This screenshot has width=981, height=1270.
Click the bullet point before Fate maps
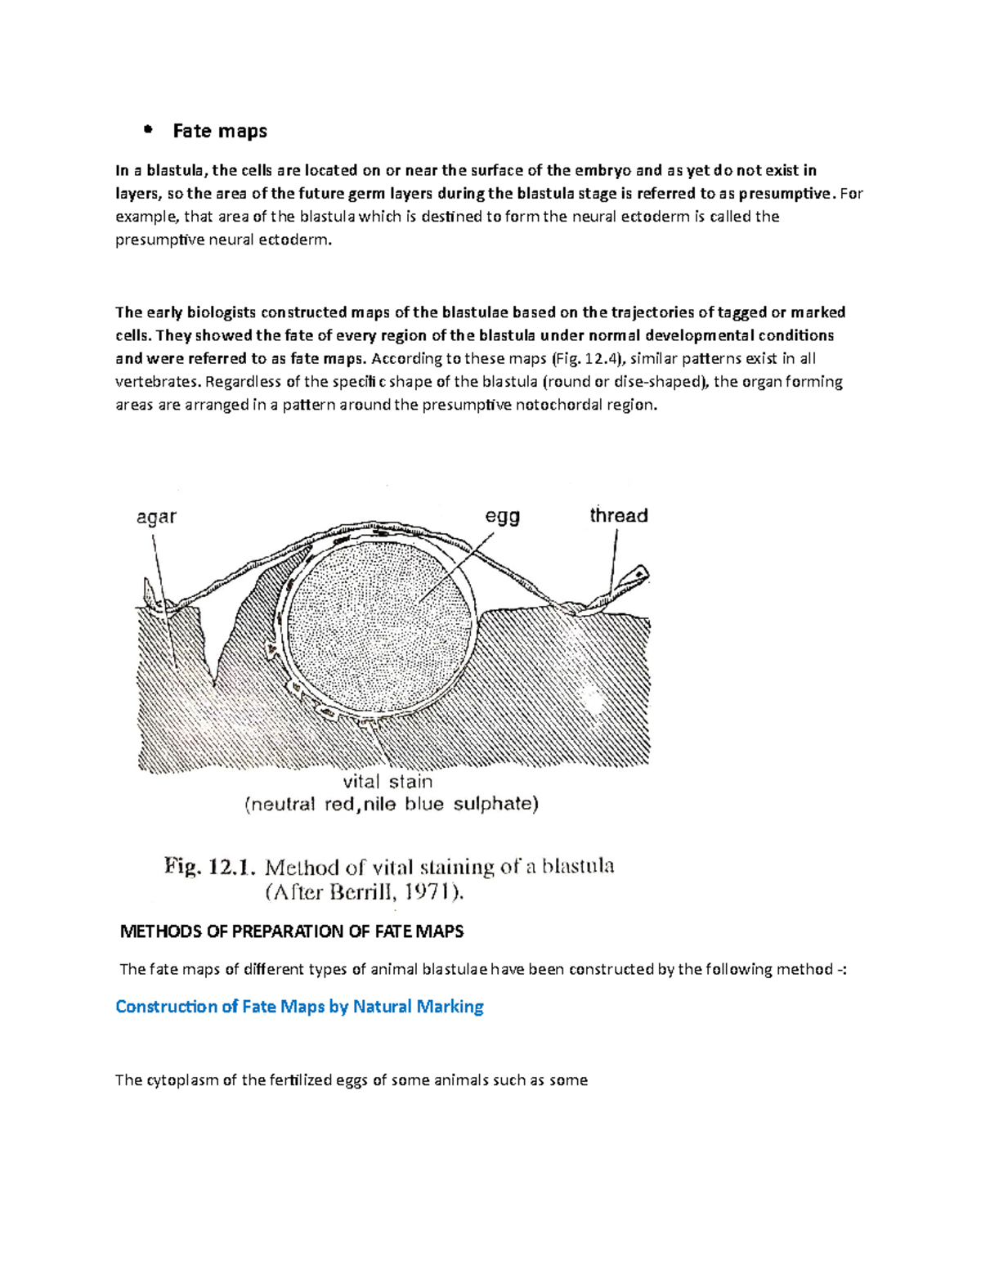pyautogui.click(x=148, y=130)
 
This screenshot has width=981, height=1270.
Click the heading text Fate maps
pyautogui.click(x=219, y=131)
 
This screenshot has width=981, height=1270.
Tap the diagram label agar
pyautogui.click(x=156, y=517)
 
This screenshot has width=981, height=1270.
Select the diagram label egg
pyautogui.click(x=503, y=517)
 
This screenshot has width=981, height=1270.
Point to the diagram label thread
pyautogui.click(x=619, y=515)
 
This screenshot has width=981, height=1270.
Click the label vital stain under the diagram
pyautogui.click(x=387, y=782)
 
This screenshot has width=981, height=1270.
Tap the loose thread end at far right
pyautogui.click(x=636, y=575)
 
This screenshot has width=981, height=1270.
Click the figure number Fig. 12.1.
pyautogui.click(x=210, y=867)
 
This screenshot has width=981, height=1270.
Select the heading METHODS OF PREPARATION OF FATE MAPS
pyautogui.click(x=292, y=931)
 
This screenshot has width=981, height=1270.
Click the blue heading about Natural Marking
pyautogui.click(x=299, y=1007)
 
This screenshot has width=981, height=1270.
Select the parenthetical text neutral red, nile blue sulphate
pyautogui.click(x=392, y=805)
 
